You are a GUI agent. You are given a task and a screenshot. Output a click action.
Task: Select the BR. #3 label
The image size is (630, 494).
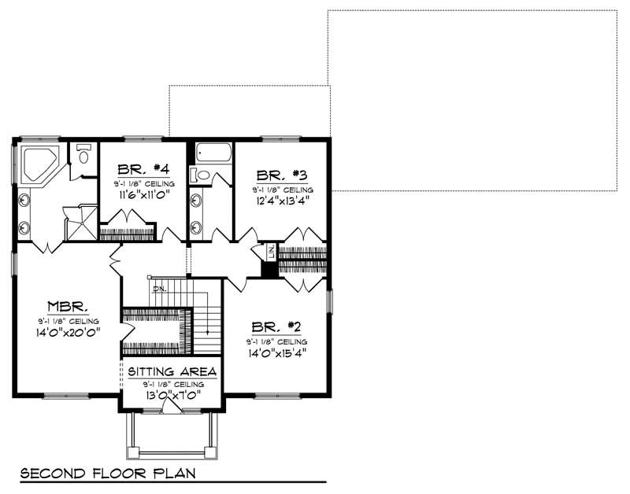282,175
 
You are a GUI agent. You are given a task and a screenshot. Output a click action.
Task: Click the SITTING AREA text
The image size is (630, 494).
170,371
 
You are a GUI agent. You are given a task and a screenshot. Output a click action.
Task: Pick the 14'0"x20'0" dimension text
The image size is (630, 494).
68,334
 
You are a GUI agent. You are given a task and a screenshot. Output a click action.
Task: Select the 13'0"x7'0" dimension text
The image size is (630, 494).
170,394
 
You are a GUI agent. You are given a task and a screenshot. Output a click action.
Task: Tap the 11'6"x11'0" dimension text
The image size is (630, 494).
143,194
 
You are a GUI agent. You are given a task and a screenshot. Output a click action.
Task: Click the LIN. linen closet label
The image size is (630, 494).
270,252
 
